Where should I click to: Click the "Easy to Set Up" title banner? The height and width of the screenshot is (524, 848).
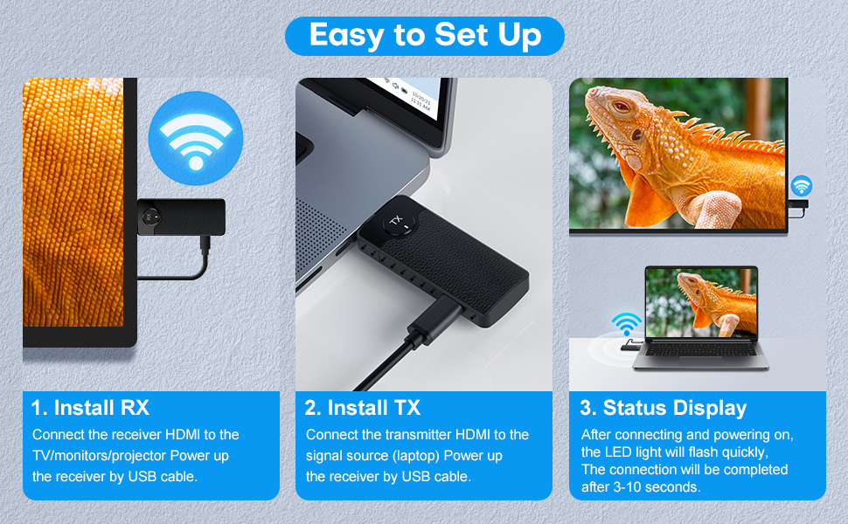(x=425, y=36)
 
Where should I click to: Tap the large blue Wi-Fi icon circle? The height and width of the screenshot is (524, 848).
(x=196, y=138)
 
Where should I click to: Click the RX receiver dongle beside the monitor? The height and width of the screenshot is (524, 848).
(x=181, y=217)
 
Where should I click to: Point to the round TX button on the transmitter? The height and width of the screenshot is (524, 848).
(x=400, y=222)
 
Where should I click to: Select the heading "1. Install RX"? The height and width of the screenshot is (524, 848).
(x=90, y=408)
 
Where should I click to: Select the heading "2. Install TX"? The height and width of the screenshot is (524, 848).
(x=362, y=408)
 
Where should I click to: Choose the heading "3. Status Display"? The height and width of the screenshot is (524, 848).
(x=663, y=408)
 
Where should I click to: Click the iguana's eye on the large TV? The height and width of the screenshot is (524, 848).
(x=622, y=107)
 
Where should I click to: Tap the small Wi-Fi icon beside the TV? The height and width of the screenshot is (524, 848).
(x=802, y=186)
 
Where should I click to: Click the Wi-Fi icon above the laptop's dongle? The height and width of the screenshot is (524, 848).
(x=626, y=323)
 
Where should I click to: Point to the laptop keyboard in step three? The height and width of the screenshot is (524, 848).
(x=701, y=349)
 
